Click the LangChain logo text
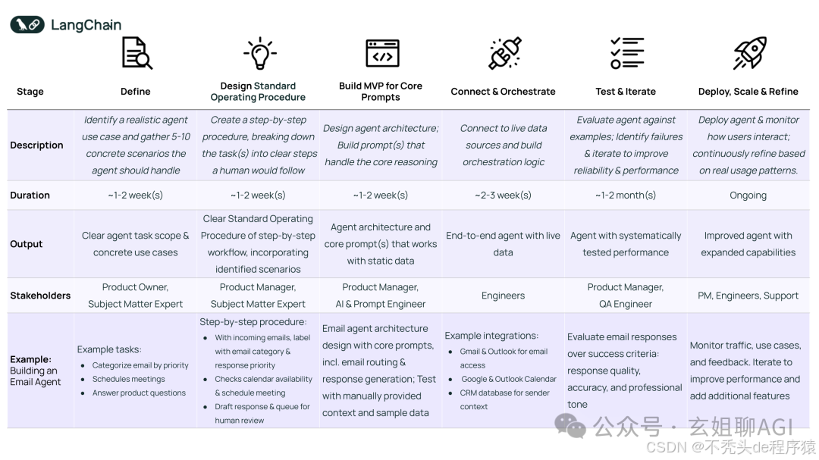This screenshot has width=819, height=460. [x=86, y=25]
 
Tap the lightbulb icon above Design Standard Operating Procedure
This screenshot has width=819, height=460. [x=259, y=54]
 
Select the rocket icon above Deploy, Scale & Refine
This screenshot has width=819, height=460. [x=749, y=53]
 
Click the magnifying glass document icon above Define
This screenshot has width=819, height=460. [x=136, y=54]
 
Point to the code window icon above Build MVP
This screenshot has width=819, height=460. [x=382, y=54]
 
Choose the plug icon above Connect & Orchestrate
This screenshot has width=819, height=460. [x=504, y=54]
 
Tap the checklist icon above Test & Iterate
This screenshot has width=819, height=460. [x=626, y=53]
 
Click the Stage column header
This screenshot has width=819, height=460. [x=30, y=92]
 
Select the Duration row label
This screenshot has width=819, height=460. [x=30, y=195]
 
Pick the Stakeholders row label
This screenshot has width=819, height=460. [x=40, y=296]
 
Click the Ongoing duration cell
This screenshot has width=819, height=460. [x=748, y=195]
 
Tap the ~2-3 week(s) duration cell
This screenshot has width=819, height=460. [x=503, y=195]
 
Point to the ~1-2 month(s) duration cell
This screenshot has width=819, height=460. [x=626, y=195]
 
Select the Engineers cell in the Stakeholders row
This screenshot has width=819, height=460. [x=503, y=296]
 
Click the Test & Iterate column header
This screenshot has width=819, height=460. [x=626, y=92]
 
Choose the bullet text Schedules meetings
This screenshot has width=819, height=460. [x=128, y=379]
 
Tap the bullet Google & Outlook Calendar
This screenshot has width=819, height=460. [x=508, y=379]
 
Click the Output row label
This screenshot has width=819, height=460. [x=27, y=244]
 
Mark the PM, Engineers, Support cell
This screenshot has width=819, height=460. [x=748, y=296]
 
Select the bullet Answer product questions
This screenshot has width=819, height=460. [x=139, y=393]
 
